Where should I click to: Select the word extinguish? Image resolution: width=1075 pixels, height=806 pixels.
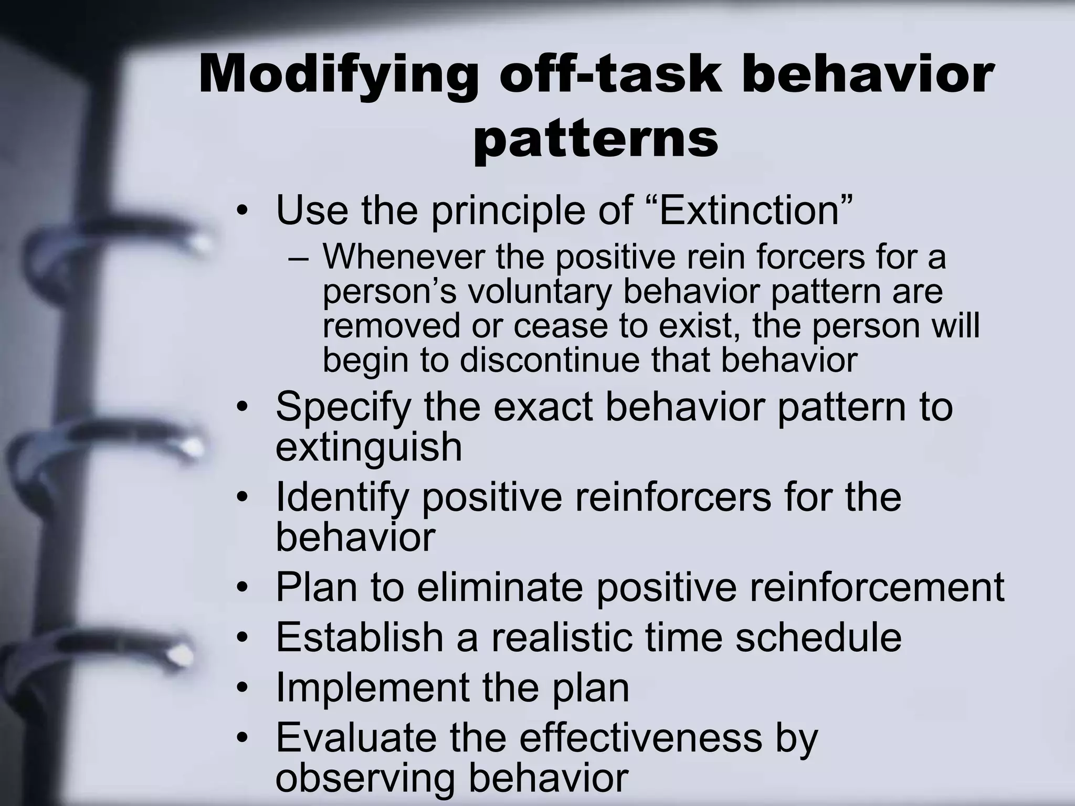tap(368, 447)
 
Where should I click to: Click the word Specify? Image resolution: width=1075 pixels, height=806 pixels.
tap(343, 407)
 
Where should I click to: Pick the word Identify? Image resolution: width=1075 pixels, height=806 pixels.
tap(342, 497)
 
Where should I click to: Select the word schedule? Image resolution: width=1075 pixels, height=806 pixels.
tap(818, 637)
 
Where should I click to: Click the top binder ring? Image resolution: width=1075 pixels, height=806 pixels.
tap(121, 247)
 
